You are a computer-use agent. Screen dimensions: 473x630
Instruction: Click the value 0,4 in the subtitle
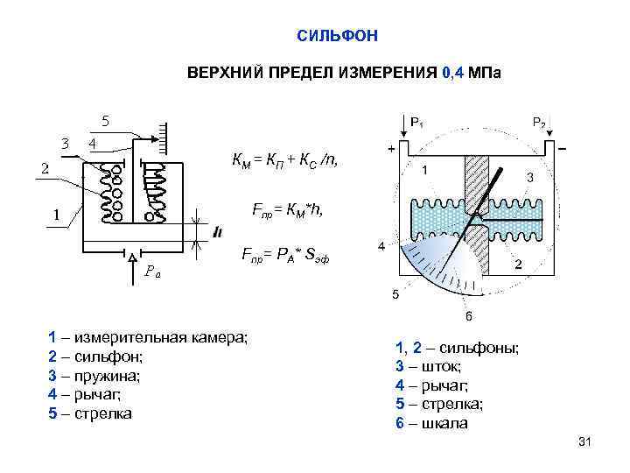(x=456, y=74)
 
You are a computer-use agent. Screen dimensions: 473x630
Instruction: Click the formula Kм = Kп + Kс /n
(x=283, y=159)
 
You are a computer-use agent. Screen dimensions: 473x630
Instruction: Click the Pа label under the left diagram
(x=152, y=270)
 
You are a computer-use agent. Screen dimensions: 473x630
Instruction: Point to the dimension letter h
(x=217, y=231)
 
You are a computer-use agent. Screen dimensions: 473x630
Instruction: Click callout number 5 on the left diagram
(x=105, y=120)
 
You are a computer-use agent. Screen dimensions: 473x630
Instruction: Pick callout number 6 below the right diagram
(x=469, y=315)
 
